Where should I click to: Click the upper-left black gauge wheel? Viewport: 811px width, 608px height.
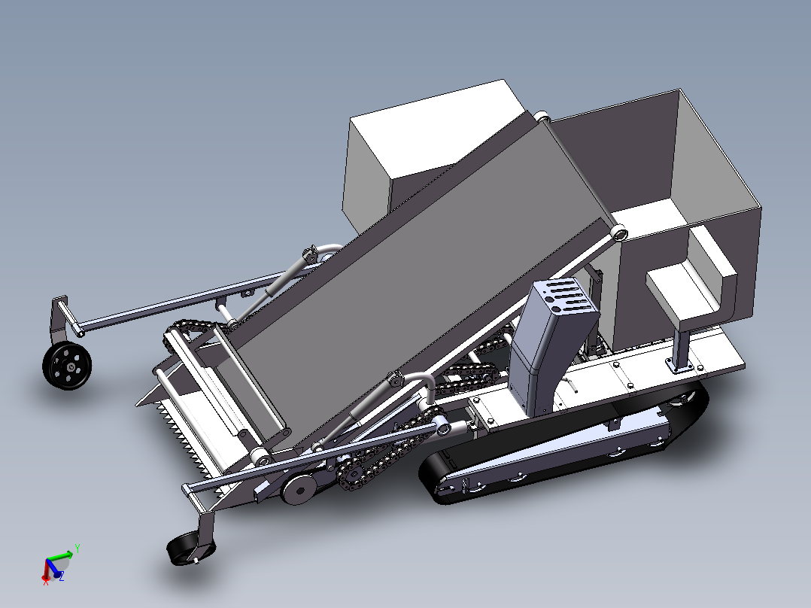[67, 366]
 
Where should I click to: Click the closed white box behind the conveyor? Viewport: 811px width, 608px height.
[421, 150]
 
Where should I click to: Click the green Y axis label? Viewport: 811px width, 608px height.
[77, 548]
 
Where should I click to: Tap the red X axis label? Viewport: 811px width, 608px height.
[46, 582]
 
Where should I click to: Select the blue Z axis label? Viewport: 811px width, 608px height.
[62, 576]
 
